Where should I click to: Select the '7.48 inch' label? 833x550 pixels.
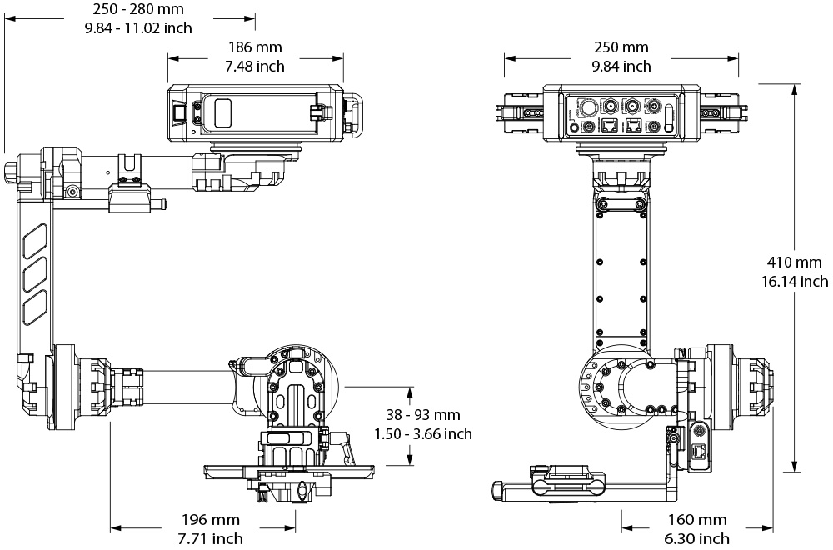pos(255,66)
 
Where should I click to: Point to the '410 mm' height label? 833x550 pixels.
pos(795,263)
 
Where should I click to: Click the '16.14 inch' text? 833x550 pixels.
pos(795,281)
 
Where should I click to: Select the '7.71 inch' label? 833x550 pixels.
pos(203,539)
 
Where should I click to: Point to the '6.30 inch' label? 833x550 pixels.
pos(697,539)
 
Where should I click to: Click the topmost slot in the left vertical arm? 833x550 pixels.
pos(34,242)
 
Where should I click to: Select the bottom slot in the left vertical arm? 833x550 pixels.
pos(34,307)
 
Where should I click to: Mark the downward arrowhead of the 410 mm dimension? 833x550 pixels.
pos(796,467)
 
